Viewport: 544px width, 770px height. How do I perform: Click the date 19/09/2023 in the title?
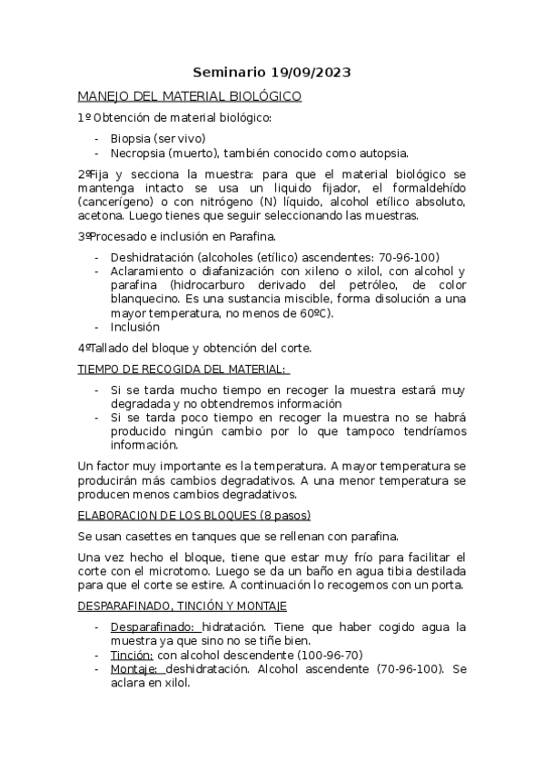pos(310,72)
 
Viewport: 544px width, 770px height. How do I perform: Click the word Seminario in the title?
pos(229,72)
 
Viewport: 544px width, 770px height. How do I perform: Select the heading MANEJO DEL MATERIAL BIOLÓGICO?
pos(190,95)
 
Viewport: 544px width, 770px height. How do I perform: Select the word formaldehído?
pos(426,187)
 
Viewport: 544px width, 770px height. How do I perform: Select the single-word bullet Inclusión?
pos(135,327)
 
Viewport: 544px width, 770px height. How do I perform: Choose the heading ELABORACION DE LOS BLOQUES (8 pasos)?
pos(194,515)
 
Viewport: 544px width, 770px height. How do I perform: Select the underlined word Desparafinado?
pos(153,627)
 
